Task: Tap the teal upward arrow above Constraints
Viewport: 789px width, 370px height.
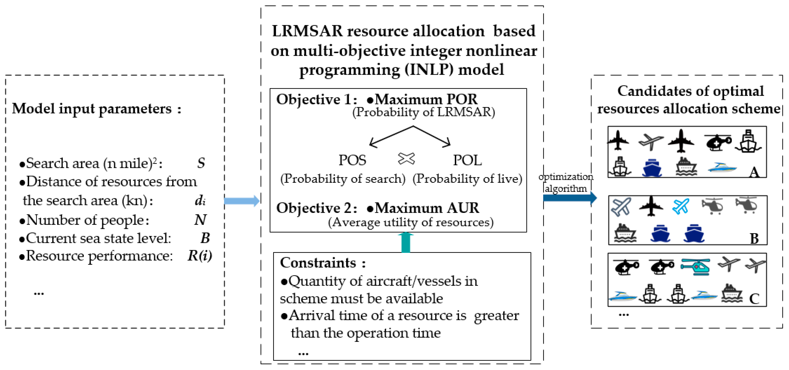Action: coord(406,242)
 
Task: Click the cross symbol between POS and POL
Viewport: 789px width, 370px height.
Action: coord(406,159)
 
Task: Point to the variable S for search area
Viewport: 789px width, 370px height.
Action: coord(201,163)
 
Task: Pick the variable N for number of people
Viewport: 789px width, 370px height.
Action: coord(200,220)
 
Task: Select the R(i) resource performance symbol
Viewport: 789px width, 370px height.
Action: coord(200,256)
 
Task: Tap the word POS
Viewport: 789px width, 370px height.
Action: coord(352,160)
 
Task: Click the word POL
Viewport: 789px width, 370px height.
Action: coord(467,160)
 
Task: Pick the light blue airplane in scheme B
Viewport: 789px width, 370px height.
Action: coord(681,206)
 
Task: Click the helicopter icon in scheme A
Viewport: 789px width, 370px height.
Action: coord(718,142)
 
